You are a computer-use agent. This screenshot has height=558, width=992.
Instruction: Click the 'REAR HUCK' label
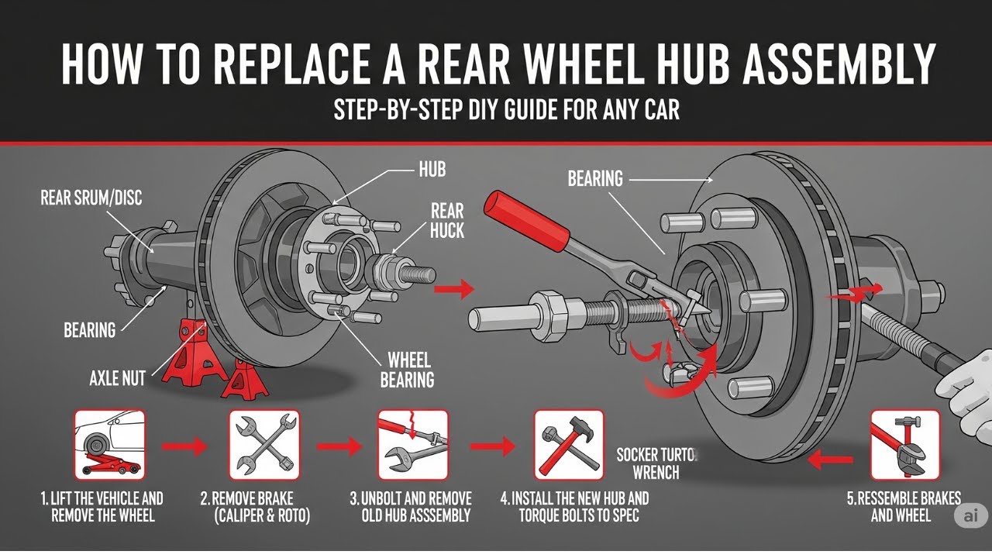pyautogui.click(x=446, y=220)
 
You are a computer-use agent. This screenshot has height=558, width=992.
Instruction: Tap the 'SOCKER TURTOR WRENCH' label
pyautogui.click(x=659, y=463)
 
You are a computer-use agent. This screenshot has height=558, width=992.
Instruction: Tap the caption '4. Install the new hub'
pyautogui.click(x=585, y=506)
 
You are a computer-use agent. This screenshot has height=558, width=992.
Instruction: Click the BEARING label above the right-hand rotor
pyautogui.click(x=595, y=179)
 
